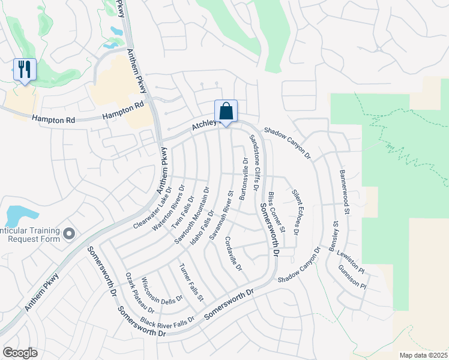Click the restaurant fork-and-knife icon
[x=25, y=70]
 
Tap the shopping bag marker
[x=226, y=112]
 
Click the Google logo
[x=20, y=353]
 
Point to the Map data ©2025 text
[x=423, y=355]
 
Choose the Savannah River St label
[x=221, y=216]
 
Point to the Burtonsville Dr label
[x=244, y=179]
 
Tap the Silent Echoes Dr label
[x=296, y=212]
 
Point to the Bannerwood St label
[x=345, y=191]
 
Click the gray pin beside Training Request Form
[x=69, y=233]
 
